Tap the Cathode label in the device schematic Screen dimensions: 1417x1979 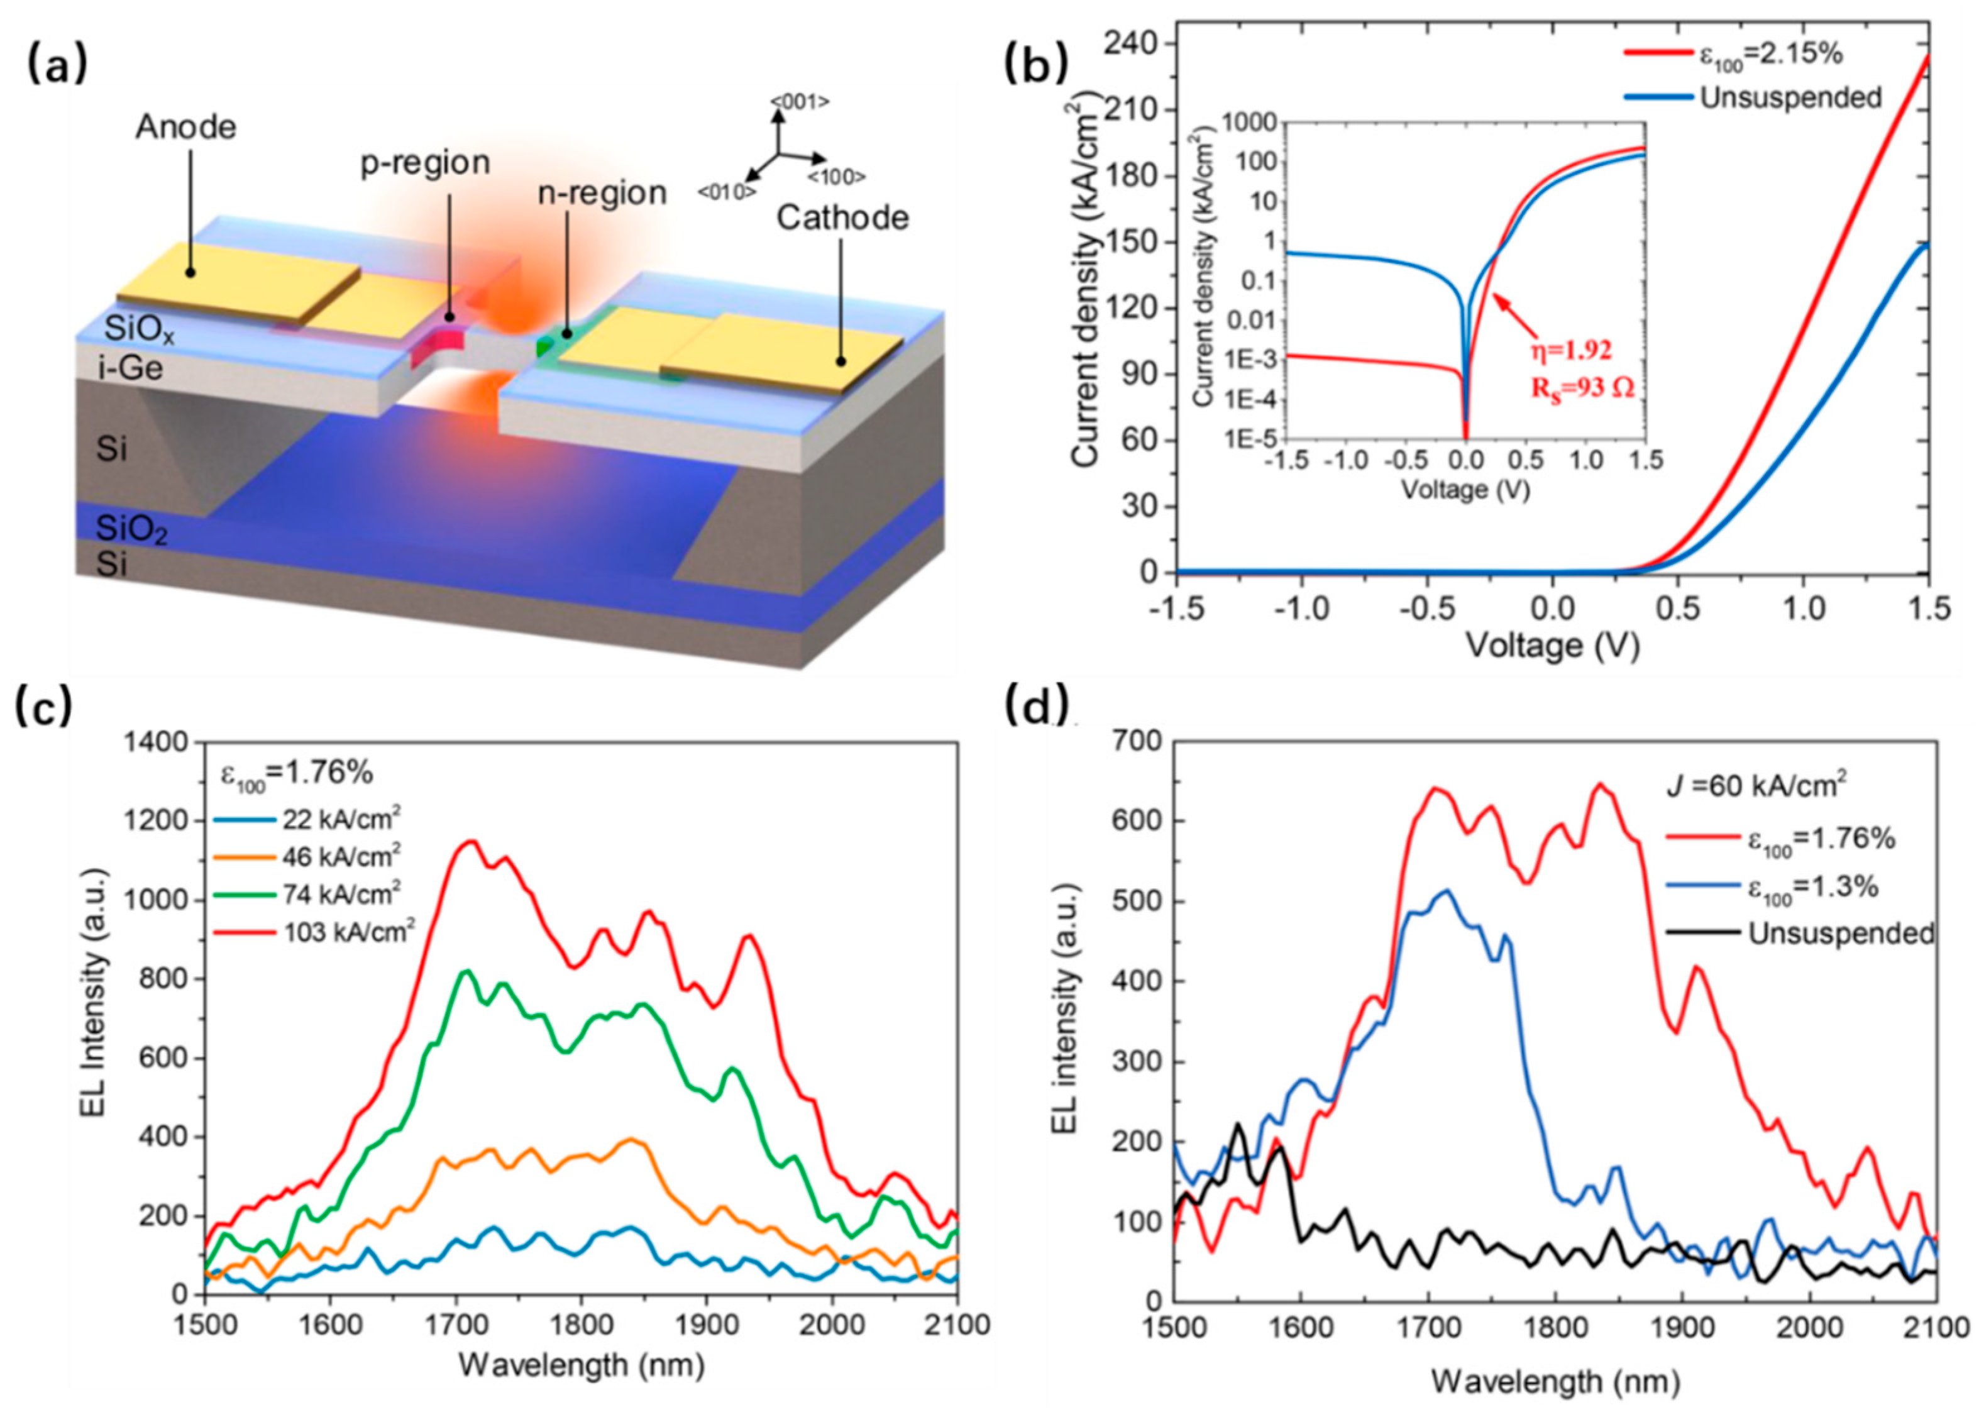[x=842, y=218]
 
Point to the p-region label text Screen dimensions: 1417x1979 [x=425, y=163]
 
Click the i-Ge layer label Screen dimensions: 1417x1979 [x=130, y=368]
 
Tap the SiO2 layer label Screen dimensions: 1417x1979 [x=131, y=529]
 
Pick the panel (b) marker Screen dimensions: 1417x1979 [x=1036, y=63]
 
